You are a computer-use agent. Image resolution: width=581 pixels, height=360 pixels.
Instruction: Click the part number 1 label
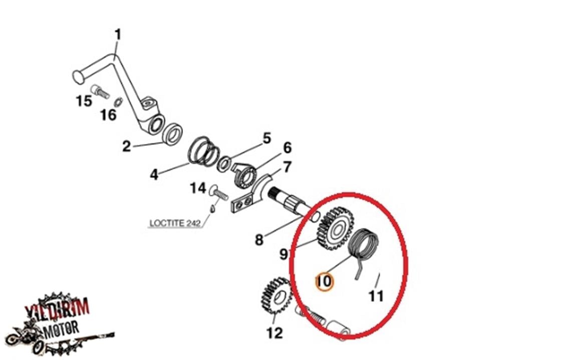118,35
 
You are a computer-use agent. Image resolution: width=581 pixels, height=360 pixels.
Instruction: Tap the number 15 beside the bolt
84,101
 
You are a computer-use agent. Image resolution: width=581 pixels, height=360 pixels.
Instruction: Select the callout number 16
108,115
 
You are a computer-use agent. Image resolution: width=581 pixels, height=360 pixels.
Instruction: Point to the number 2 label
126,147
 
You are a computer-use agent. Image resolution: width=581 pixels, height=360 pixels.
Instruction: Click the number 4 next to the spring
154,175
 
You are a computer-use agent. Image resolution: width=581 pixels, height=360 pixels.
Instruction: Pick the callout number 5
266,138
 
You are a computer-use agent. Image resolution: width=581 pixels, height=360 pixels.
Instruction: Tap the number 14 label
197,189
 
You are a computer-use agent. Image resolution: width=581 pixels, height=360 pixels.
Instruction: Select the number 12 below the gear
274,332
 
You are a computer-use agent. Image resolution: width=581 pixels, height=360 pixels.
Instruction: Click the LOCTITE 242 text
175,223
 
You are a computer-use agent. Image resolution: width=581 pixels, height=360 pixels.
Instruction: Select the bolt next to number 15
102,92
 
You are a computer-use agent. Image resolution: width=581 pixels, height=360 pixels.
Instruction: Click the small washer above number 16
118,102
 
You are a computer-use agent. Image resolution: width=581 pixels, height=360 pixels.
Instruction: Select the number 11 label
376,296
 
